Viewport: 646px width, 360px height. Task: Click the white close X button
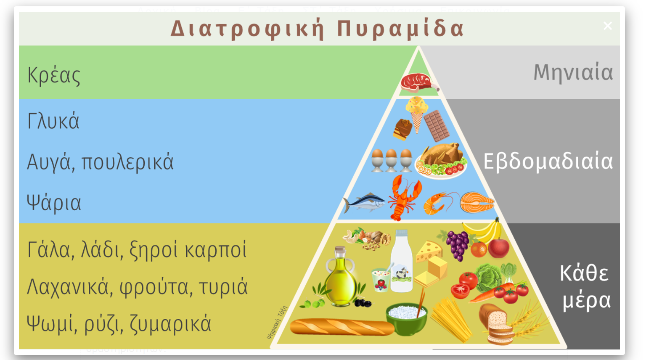[608, 26]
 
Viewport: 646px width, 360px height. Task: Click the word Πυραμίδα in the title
[400, 29]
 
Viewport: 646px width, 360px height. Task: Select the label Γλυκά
[53, 121]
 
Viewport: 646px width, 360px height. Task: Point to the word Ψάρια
[54, 203]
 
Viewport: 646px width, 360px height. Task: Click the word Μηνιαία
[573, 72]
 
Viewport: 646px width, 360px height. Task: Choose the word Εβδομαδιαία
[548, 161]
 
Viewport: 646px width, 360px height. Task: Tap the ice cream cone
[417, 114]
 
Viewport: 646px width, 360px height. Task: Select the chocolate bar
[436, 126]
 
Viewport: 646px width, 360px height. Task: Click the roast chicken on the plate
[441, 160]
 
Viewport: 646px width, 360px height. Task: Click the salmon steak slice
[477, 203]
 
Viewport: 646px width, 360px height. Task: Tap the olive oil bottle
[340, 276]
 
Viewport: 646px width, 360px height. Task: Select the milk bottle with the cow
[402, 261]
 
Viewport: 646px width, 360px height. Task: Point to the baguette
[342, 327]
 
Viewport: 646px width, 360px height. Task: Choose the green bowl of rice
[407, 318]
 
